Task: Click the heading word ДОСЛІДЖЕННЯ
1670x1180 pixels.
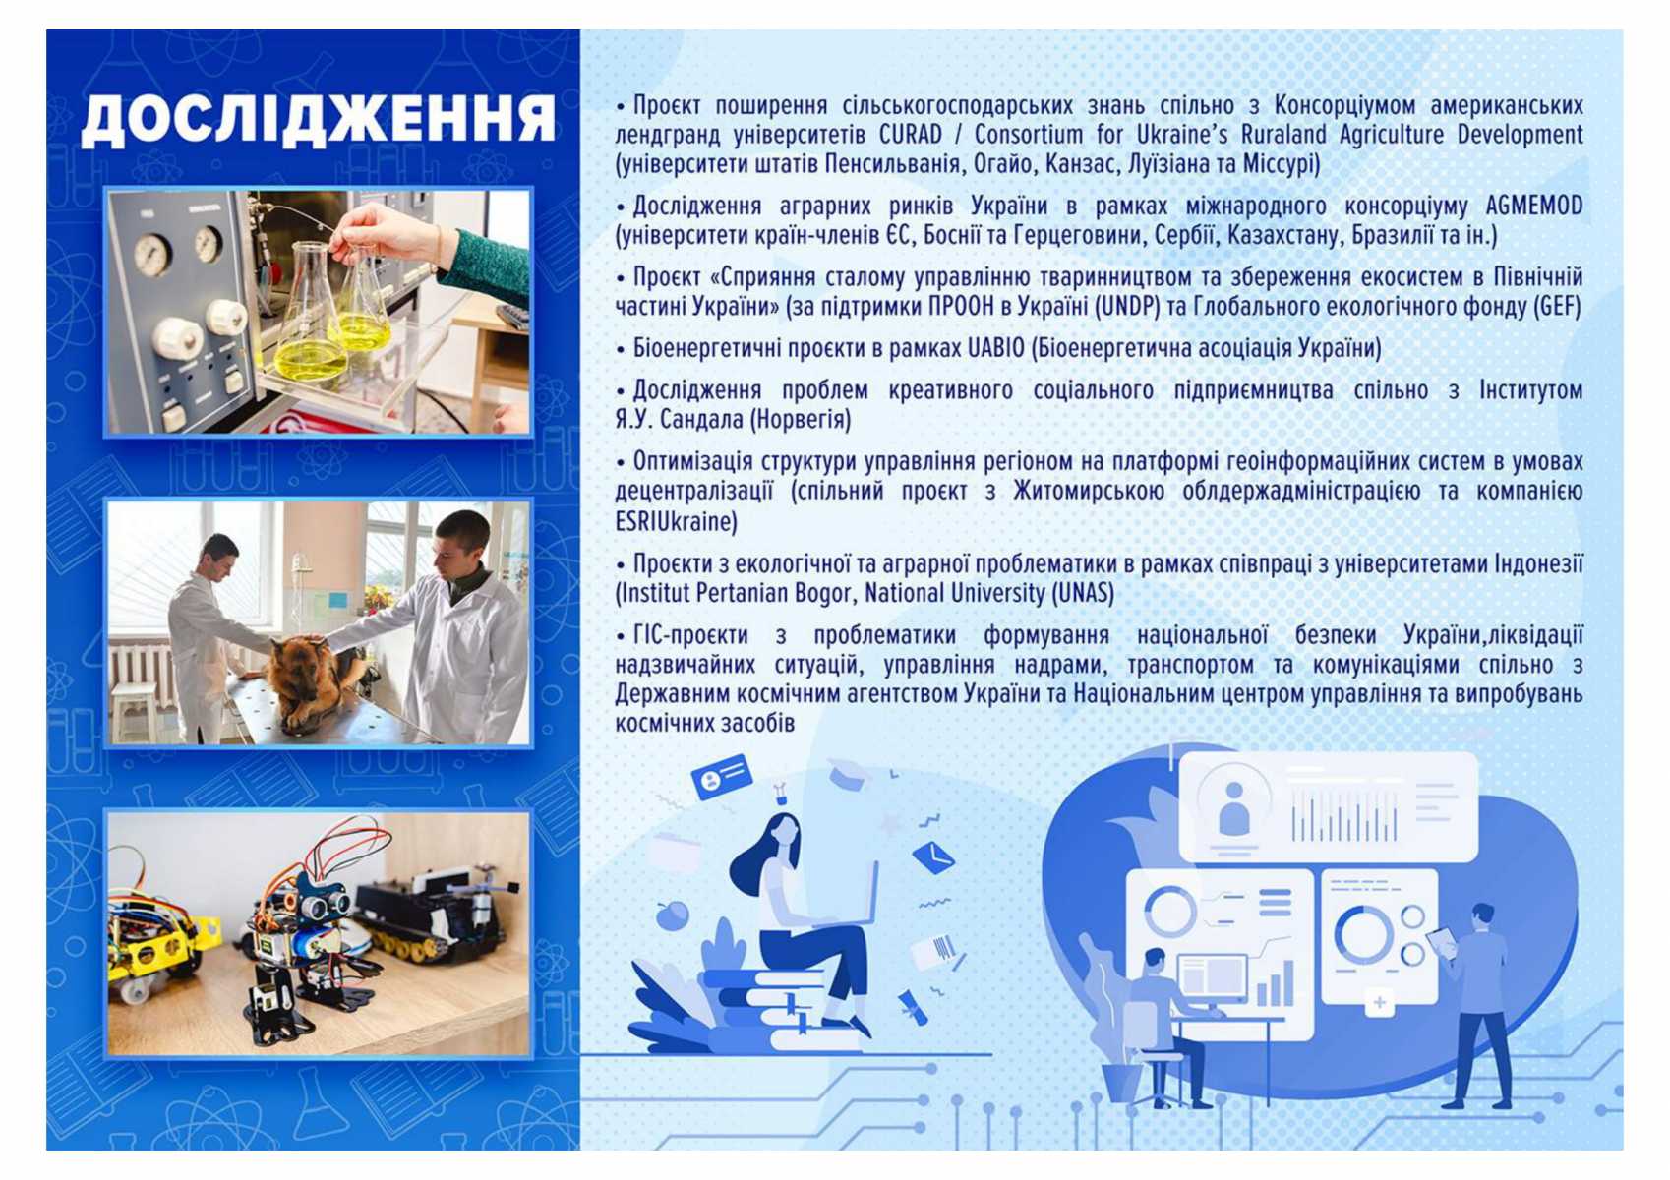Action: coord(319,119)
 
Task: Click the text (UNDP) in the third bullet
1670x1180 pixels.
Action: coord(1132,307)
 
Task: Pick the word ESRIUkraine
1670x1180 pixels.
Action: coord(677,522)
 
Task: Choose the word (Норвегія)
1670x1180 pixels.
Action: coord(800,420)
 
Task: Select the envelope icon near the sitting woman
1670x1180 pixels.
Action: coord(932,857)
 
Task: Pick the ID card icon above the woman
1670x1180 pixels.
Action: coord(720,777)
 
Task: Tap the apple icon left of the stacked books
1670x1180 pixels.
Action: coord(673,914)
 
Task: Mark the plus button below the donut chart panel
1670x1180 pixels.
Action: coord(1379,1003)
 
